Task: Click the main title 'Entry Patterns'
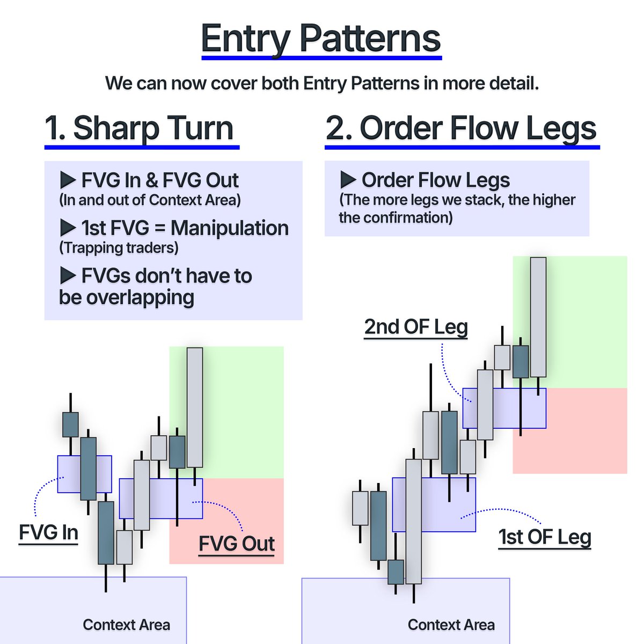pyautogui.click(x=321, y=39)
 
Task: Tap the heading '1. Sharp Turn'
pyautogui.click(x=140, y=129)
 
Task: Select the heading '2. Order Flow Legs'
pyautogui.click(x=461, y=129)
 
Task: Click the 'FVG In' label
pyautogui.click(x=48, y=532)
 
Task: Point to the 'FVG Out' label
pyautogui.click(x=237, y=544)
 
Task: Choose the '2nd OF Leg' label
pyautogui.click(x=416, y=327)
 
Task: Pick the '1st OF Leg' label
pyautogui.click(x=545, y=537)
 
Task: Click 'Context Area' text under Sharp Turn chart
pyautogui.click(x=126, y=625)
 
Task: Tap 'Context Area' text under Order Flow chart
pyautogui.click(x=451, y=625)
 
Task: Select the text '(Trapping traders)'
pyautogui.click(x=119, y=248)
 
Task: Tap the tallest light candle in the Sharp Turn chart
pyautogui.click(x=195, y=407)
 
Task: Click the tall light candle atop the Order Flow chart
pyautogui.click(x=538, y=317)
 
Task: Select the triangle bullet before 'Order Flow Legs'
pyautogui.click(x=348, y=180)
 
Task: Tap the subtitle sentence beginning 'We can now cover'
pyautogui.click(x=321, y=84)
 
